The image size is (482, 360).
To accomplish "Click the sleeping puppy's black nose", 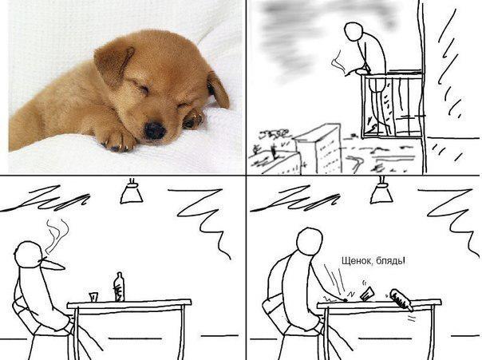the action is tap(155, 130).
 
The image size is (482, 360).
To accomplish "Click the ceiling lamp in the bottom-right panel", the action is tap(381, 192).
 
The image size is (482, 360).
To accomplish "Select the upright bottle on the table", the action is tap(119, 287).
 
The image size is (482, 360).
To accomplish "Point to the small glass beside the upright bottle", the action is tap(93, 297).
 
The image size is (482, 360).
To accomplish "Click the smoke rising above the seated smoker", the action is tap(57, 236).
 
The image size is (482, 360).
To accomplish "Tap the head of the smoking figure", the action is tap(30, 255).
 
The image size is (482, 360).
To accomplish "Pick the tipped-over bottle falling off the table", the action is tap(401, 300).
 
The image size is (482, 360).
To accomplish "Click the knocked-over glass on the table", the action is tap(367, 294).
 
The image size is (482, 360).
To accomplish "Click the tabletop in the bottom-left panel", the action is tap(129, 304).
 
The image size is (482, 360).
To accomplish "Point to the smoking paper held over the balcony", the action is tap(338, 63).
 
